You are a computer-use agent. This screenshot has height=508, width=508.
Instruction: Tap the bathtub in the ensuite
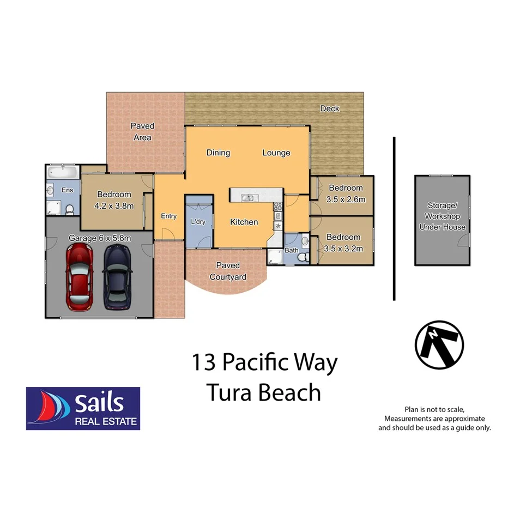tap(63, 174)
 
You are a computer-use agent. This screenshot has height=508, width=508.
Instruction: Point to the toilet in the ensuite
tap(69, 209)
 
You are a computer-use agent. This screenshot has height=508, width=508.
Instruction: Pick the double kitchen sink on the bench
tap(247, 197)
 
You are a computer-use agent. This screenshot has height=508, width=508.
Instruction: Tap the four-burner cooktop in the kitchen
tap(277, 207)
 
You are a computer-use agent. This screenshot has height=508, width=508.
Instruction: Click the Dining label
tap(218, 153)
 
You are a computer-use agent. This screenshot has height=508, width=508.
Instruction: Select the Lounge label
tap(276, 153)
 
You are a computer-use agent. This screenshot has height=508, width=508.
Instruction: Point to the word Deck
tap(329, 108)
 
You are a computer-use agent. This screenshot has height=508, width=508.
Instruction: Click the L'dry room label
tap(198, 222)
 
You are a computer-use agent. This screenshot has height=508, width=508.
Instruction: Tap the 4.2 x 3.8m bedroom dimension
tap(114, 206)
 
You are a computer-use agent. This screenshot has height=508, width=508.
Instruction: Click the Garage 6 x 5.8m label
tap(99, 238)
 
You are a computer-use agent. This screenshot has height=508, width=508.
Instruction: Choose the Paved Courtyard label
tap(228, 271)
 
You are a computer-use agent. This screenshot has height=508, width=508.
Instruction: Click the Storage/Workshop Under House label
tap(442, 216)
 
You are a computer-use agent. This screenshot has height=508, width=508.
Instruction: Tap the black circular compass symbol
tap(439, 344)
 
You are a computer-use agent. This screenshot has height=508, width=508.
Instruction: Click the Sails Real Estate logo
tap(83, 408)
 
